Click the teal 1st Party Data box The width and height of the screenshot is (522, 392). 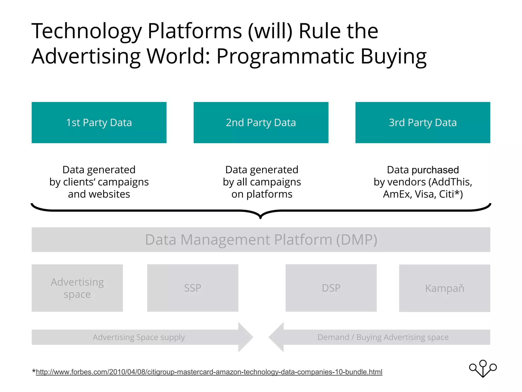pos(99,122)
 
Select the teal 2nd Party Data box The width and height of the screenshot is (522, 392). pos(261,122)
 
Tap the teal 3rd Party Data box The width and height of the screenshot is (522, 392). pos(423,122)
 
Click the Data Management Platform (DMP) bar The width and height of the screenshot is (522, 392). pos(261,240)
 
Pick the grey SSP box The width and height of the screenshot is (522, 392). pos(192,288)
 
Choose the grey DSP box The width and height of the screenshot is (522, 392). pos(331,288)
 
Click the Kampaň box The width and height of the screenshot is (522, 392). pos(445,288)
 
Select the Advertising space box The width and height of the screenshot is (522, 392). pos(77,288)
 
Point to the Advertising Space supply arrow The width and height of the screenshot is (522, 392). pos(139,337)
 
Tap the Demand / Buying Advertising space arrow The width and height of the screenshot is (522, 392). pos(382,337)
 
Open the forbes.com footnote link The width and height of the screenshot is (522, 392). pos(209,372)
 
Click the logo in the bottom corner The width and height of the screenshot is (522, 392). pos(483,369)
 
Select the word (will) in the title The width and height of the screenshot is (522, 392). pos(270,31)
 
